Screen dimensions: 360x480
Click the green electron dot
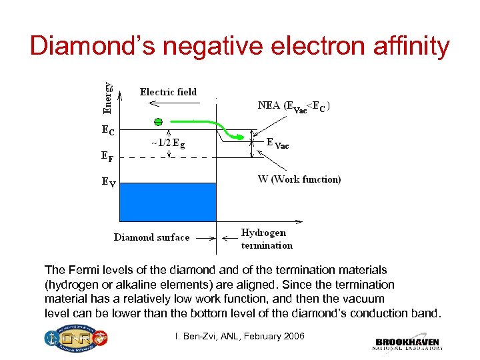[x=157, y=122]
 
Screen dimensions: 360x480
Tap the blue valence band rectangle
[x=168, y=201]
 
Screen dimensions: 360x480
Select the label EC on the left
[x=107, y=131]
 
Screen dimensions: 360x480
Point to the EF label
[x=107, y=157]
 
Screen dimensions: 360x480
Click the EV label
[x=108, y=181]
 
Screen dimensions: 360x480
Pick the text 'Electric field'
[x=168, y=92]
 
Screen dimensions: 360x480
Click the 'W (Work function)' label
[x=299, y=179]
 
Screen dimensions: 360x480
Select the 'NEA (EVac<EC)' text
[x=295, y=106]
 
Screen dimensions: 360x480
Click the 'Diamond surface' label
[x=151, y=237]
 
